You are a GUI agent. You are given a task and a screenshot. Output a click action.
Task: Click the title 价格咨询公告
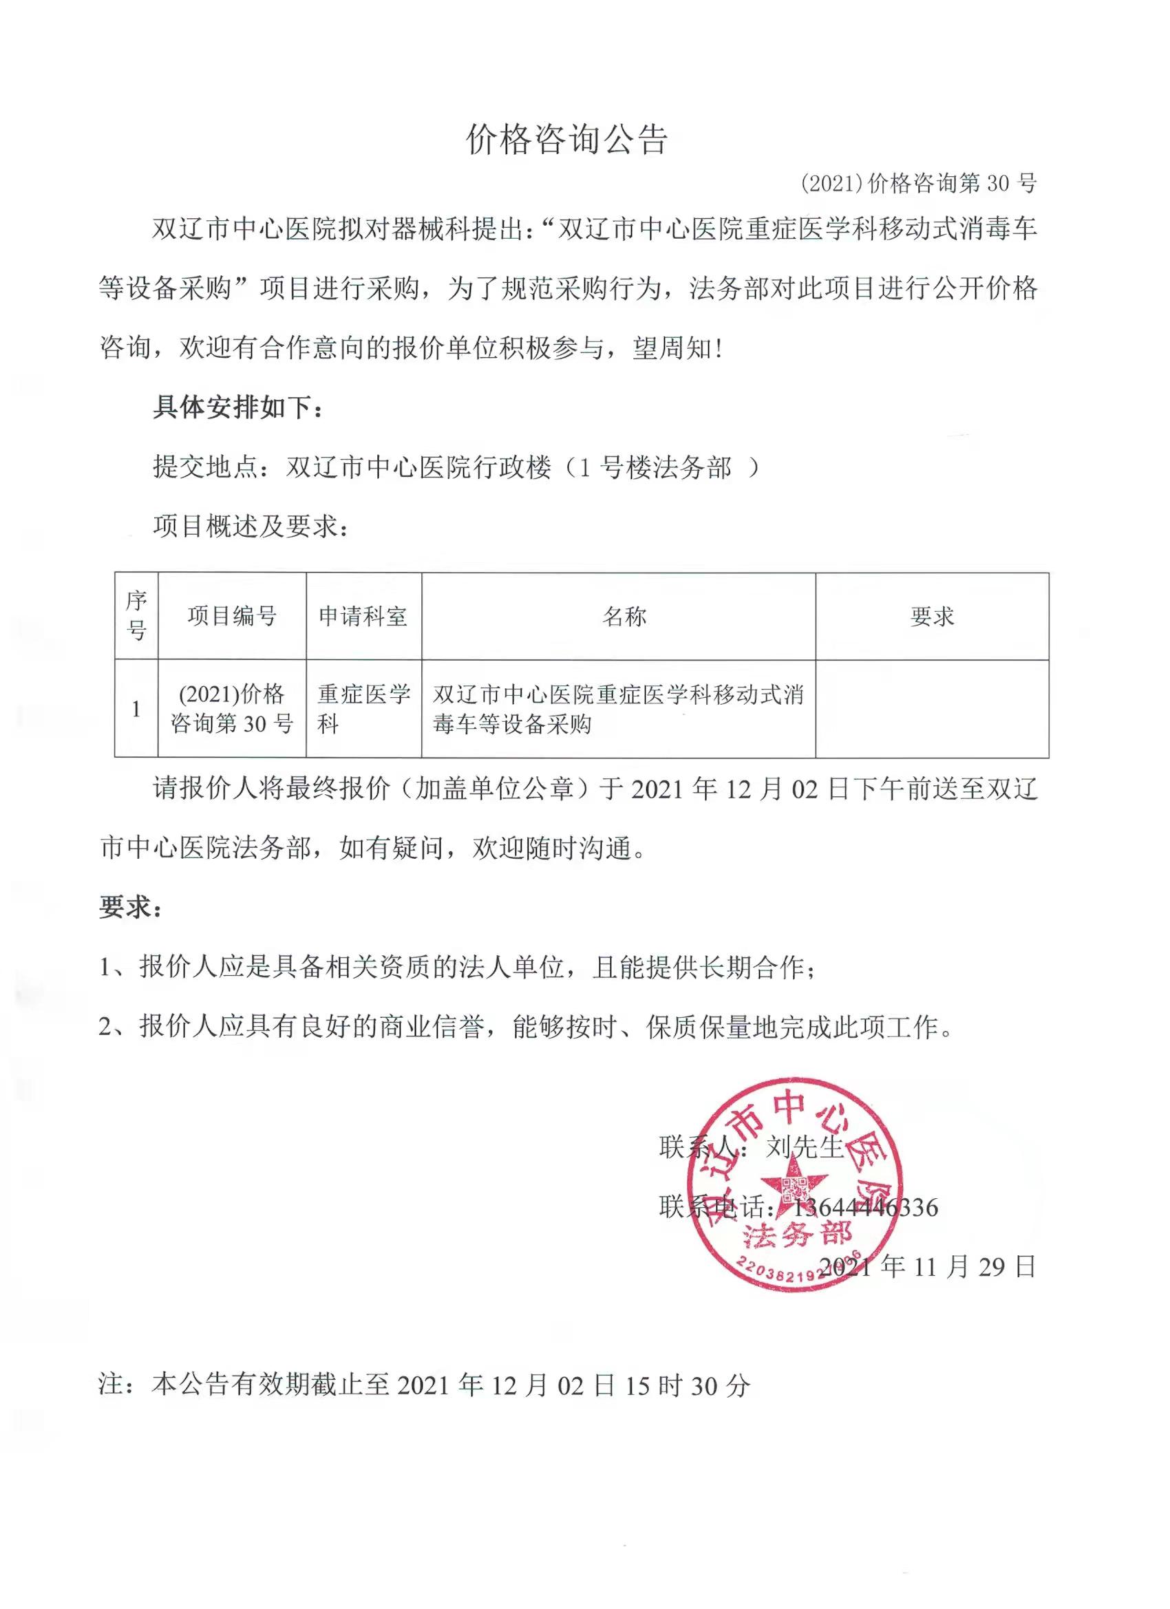pyautogui.click(x=566, y=140)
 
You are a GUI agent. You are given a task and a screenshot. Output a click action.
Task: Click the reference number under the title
pyautogui.click(x=918, y=184)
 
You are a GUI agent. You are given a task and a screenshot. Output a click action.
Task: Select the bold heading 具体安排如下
pyautogui.click(x=237, y=408)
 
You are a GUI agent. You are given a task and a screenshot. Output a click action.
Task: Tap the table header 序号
pyautogui.click(x=136, y=615)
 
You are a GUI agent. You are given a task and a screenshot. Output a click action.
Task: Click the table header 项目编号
pyautogui.click(x=232, y=616)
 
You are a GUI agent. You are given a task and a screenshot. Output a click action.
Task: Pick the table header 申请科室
pyautogui.click(x=363, y=616)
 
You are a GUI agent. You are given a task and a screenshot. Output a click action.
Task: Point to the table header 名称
pyautogui.click(x=624, y=616)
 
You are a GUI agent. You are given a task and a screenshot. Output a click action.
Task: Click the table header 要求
pyautogui.click(x=932, y=616)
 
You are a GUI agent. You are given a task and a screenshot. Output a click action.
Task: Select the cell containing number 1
pyautogui.click(x=136, y=709)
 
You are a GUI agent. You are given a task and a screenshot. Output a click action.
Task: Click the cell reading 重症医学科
pyautogui.click(x=363, y=709)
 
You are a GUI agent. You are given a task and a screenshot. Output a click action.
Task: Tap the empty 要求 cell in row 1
pyautogui.click(x=932, y=709)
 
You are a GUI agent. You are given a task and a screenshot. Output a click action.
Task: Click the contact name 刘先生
pyautogui.click(x=805, y=1147)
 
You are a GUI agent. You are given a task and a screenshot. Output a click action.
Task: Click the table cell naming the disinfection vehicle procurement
pyautogui.click(x=617, y=709)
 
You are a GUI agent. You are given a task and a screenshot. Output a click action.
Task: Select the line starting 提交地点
pyautogui.click(x=454, y=467)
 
